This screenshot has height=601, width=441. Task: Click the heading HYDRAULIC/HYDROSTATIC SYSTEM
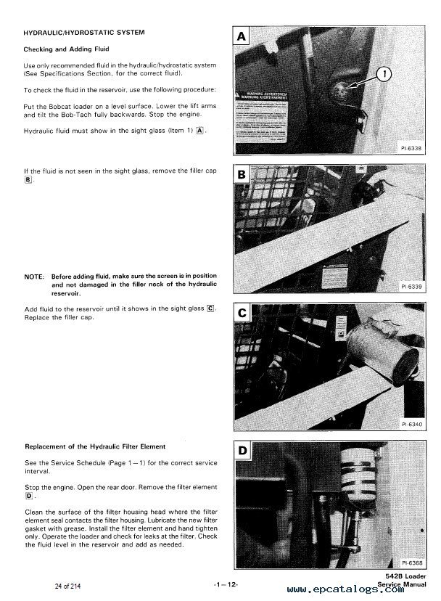tap(84, 33)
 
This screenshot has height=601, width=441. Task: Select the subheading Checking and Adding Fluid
tap(65, 49)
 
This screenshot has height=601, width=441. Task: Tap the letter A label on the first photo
tap(241, 36)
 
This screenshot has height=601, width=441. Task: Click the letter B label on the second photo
tap(241, 176)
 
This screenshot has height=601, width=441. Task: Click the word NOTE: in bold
tap(34, 277)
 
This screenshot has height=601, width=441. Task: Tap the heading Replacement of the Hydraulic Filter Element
tap(95, 446)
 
